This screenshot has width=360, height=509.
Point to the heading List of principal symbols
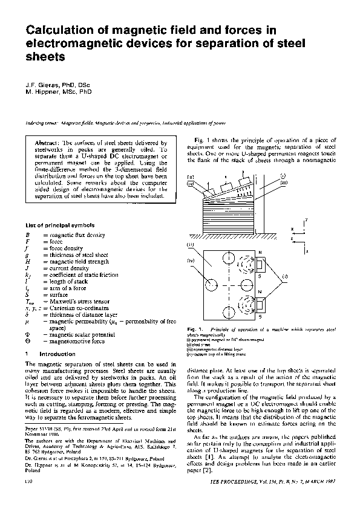pyautogui.click(x=59, y=225)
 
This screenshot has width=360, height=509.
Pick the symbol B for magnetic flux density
pyautogui.click(x=28, y=235)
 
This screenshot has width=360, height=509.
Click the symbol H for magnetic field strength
pyautogui.click(x=28, y=262)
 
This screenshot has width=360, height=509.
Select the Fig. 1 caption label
pyautogui.click(x=194, y=328)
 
